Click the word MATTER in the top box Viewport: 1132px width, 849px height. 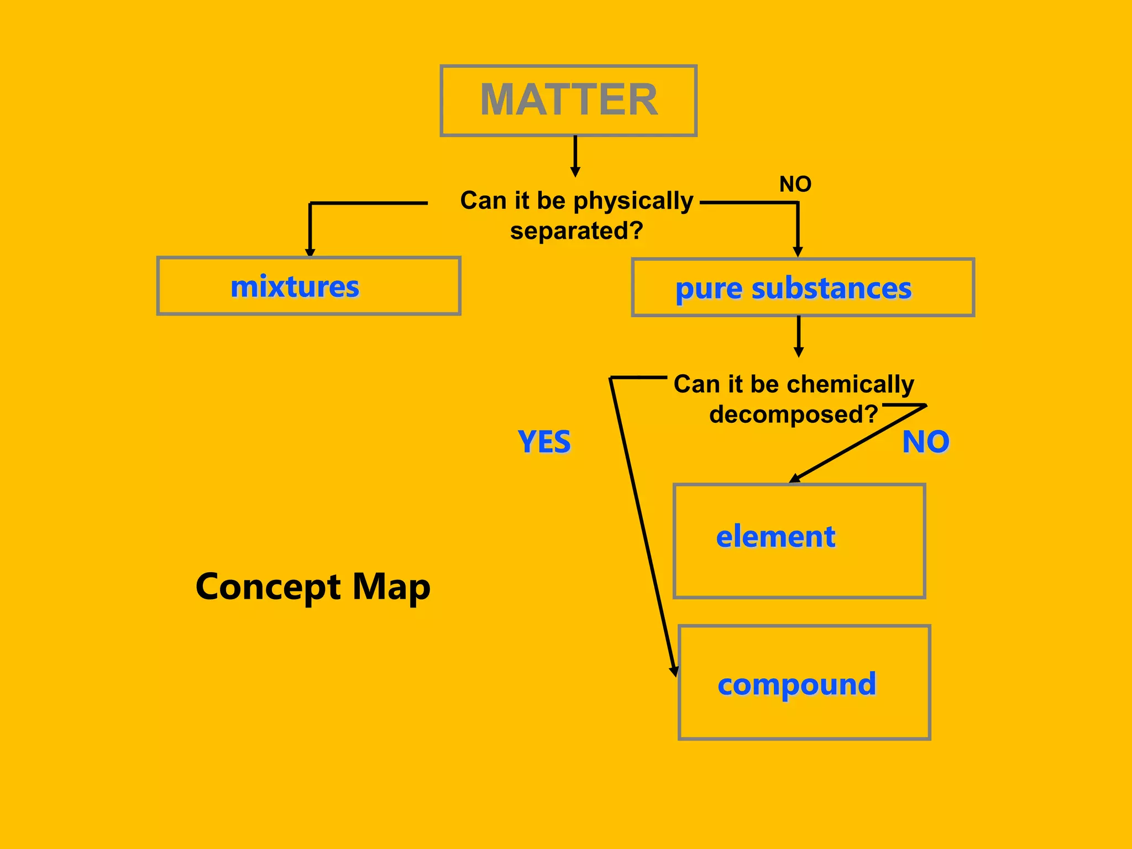[569, 100]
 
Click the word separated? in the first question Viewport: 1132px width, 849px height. [577, 231]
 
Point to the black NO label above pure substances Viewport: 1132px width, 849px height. [795, 184]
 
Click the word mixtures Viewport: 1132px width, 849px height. [295, 287]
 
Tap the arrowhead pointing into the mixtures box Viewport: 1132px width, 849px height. [310, 252]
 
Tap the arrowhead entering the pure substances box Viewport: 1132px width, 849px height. [798, 252]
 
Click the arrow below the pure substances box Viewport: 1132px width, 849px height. [798, 337]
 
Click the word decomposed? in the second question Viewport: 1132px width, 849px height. [793, 414]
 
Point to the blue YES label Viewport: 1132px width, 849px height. [544, 442]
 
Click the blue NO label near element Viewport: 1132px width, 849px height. [926, 442]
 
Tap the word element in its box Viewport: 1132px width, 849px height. [775, 537]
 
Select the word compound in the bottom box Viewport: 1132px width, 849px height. [796, 685]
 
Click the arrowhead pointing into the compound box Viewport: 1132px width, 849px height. [674, 670]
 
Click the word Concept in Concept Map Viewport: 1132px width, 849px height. [268, 587]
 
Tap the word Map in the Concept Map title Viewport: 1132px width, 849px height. [391, 587]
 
